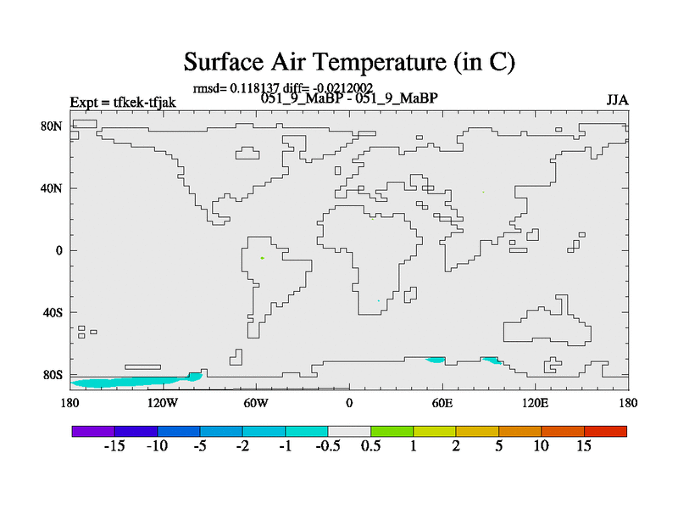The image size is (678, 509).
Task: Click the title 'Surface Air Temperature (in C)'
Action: click(349, 62)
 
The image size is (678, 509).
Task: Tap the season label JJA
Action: click(617, 100)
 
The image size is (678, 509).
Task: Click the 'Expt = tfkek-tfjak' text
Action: click(123, 102)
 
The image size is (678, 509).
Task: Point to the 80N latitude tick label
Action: click(52, 126)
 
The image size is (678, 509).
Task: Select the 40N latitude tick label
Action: click(52, 188)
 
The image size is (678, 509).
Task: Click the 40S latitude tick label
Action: click(53, 312)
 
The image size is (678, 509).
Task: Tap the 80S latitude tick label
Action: click(53, 374)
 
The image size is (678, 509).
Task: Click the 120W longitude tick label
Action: click(163, 403)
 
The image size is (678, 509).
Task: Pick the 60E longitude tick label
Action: click(442, 403)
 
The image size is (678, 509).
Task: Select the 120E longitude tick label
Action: click(536, 403)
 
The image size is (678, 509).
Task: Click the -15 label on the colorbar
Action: click(114, 446)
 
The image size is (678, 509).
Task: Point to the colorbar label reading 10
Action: click(541, 446)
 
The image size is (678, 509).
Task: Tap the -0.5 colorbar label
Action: click(328, 446)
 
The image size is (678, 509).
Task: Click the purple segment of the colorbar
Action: click(93, 431)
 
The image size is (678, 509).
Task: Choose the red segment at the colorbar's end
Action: click(605, 431)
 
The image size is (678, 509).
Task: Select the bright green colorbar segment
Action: click(392, 431)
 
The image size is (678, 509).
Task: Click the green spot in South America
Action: click(263, 258)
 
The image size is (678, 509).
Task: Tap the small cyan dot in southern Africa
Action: click(378, 301)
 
